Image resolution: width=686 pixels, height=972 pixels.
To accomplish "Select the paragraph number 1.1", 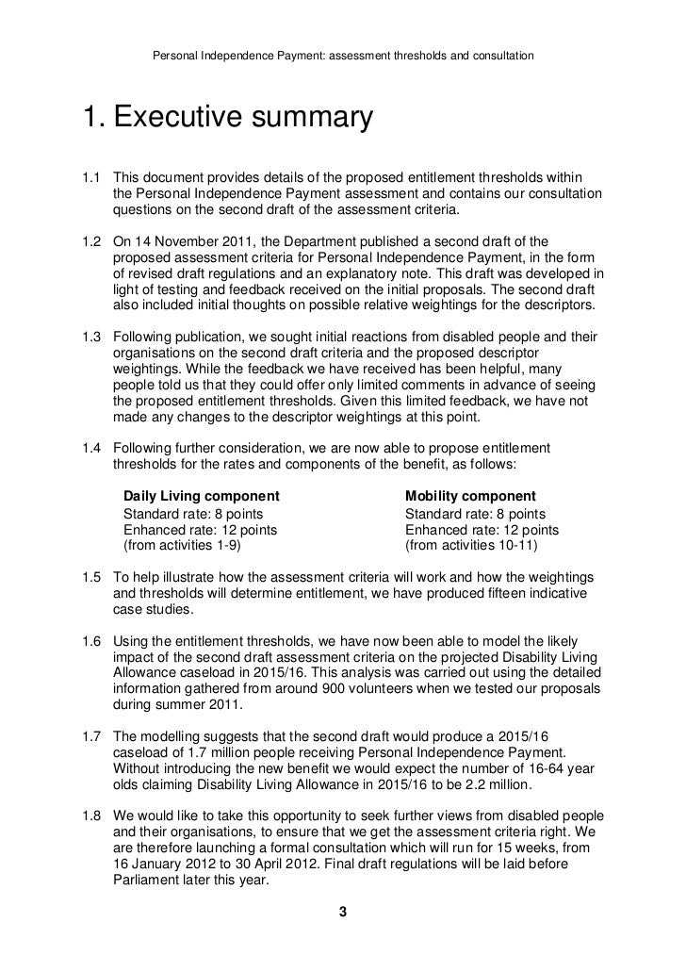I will click(91, 178).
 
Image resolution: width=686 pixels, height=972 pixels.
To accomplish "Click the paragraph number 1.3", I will click(91, 338).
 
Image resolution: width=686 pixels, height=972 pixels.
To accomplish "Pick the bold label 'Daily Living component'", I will click(201, 496).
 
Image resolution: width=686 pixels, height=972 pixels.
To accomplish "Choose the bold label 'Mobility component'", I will click(470, 496).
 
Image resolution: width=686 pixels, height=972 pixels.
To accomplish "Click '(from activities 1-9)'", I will click(188, 545).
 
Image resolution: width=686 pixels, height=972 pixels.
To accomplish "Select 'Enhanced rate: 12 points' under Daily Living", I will click(201, 529).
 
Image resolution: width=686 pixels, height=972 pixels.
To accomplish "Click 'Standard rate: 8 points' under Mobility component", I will click(475, 513).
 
